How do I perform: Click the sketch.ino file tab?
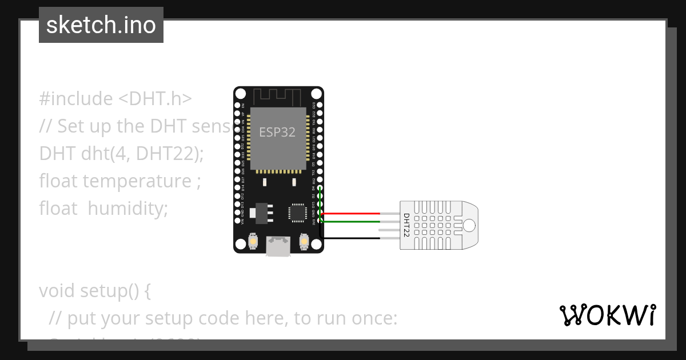point(101,25)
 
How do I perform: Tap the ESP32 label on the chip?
point(278,132)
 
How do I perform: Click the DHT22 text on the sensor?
point(406,225)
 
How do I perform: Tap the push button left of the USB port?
point(253,243)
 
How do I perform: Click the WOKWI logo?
point(607,315)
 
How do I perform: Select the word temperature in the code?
point(137,181)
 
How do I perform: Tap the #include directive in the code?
point(76,99)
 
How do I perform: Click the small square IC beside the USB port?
point(297,212)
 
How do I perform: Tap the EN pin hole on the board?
point(237,105)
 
